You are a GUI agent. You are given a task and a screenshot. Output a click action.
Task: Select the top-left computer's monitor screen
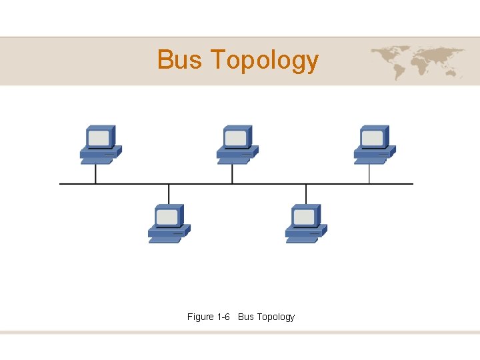tap(99, 138)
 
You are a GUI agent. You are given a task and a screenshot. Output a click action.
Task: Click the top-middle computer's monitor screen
tap(235, 138)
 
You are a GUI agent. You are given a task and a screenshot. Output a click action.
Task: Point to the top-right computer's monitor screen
tap(372, 138)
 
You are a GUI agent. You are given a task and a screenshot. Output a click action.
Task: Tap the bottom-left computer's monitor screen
tap(167, 217)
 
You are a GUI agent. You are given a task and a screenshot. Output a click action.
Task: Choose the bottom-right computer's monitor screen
tap(304, 217)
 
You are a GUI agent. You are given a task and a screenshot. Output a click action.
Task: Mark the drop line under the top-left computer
tap(95, 173)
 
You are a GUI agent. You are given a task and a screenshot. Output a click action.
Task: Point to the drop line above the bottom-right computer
tap(306, 193)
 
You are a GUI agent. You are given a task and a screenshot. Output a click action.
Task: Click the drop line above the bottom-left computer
tap(169, 193)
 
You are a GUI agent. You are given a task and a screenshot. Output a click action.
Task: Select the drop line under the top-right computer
tap(369, 173)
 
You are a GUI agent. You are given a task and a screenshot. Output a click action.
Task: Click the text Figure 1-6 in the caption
tap(209, 317)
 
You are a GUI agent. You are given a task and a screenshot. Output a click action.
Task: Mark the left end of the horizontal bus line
tap(61, 183)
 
